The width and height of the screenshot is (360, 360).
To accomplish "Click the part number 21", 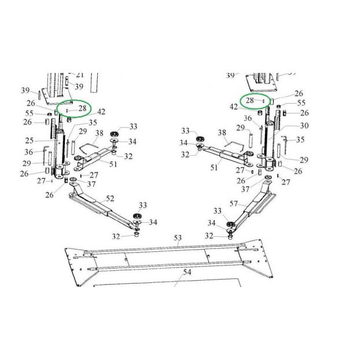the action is [80, 75].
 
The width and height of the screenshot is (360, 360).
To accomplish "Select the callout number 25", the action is [30, 141].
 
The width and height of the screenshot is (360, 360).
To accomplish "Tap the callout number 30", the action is [304, 126].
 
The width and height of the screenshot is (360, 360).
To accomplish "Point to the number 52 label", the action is [110, 199].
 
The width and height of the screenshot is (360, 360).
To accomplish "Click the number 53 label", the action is [178, 238].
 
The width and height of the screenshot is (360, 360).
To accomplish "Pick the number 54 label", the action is [187, 272].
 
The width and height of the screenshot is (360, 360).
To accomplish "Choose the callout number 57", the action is [234, 204].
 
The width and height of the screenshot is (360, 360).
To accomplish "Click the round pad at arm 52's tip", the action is [137, 216].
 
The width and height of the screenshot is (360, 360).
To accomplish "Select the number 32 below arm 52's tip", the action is [116, 236].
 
